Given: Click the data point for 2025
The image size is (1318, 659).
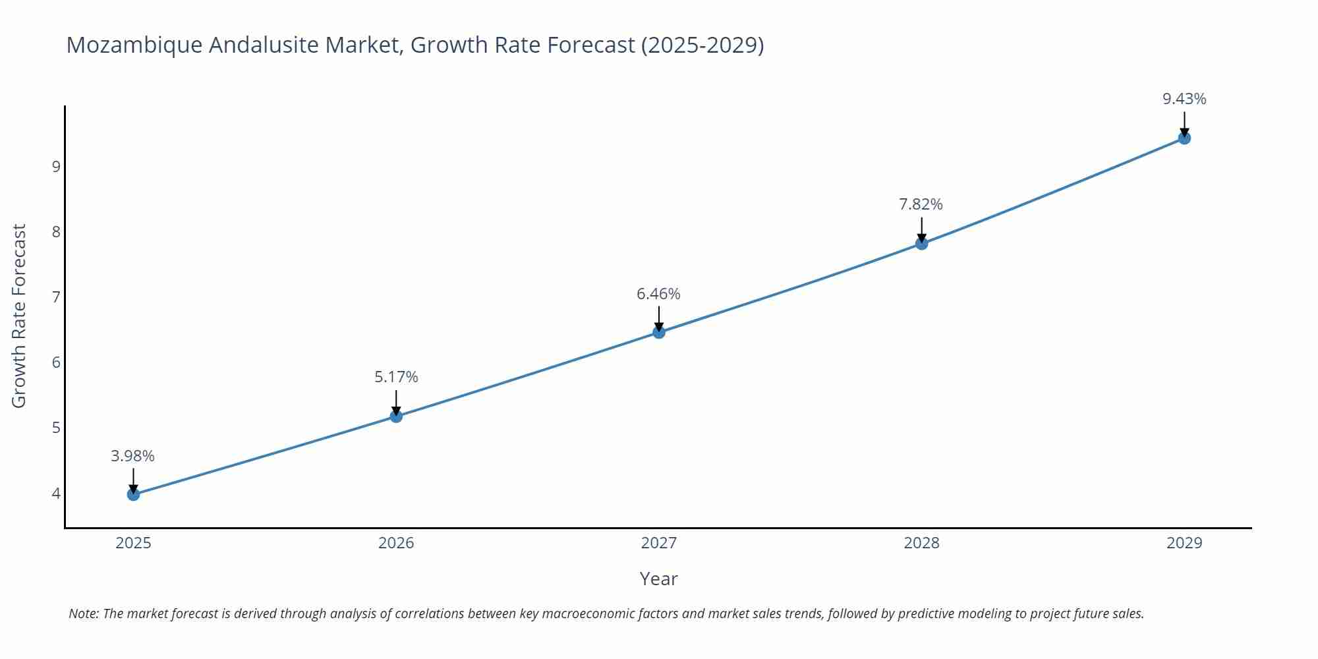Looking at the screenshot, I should tap(133, 494).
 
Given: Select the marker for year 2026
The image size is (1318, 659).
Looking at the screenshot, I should tap(396, 416).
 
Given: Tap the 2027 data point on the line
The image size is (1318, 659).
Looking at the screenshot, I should tap(659, 332).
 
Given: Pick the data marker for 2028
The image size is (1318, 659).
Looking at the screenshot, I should tap(921, 243).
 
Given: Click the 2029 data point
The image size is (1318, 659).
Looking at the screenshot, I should tap(1184, 138).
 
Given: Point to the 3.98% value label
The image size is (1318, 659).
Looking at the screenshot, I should tap(132, 456).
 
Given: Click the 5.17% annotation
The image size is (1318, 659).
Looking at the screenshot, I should tap(396, 377).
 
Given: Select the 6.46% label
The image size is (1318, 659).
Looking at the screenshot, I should tap(658, 294).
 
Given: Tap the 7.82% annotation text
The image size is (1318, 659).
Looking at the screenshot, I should tap(921, 204).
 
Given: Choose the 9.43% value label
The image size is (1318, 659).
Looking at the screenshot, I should tap(1184, 99).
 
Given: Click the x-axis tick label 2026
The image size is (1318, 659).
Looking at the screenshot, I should tap(396, 543).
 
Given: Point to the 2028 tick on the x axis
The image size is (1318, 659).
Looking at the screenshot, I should tap(921, 543).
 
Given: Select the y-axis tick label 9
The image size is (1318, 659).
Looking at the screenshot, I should tap(56, 166).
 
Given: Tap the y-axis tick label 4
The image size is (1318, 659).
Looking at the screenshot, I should tap(56, 494).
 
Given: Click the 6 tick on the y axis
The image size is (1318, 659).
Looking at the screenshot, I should tap(56, 362).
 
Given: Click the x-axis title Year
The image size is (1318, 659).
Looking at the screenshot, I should tap(658, 579).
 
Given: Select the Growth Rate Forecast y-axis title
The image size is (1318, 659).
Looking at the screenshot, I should tap(19, 316).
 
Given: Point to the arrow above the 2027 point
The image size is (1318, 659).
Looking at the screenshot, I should tap(659, 317).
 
